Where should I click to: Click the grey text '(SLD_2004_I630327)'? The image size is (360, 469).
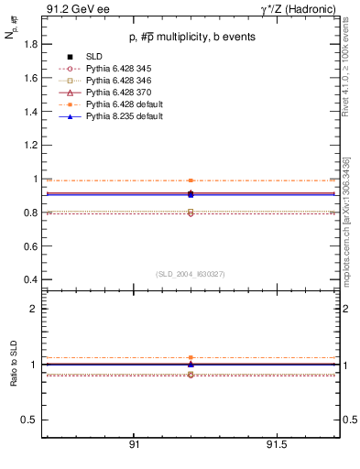click(x=191, y=274)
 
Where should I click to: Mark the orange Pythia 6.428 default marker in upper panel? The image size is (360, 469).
click(x=191, y=180)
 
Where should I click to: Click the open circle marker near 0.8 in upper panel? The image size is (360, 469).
click(x=191, y=213)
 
